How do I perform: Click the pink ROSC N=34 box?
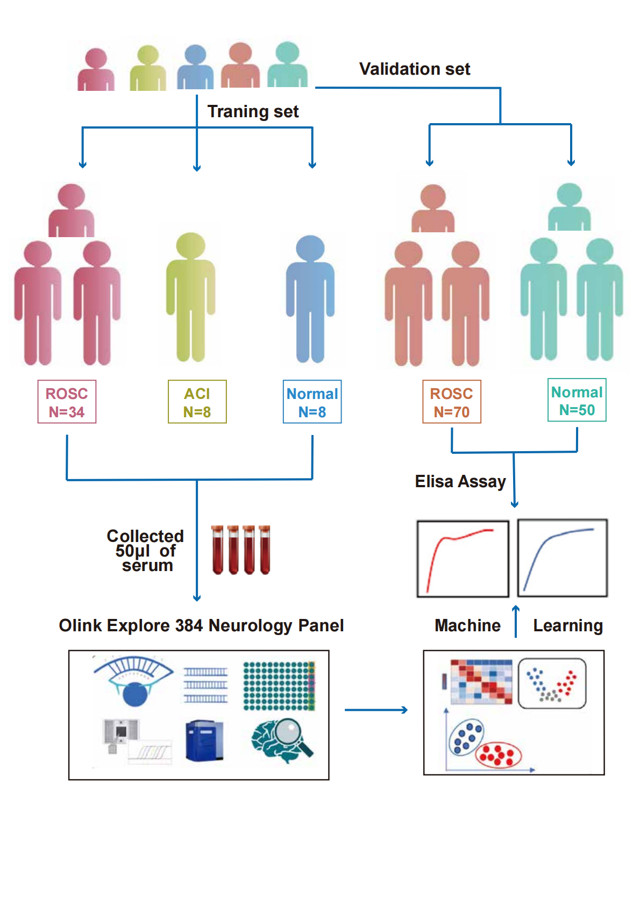67,402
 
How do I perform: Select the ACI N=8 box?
197,402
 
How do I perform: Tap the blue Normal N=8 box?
312,402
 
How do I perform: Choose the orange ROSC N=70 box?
451,402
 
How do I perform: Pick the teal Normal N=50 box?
577,400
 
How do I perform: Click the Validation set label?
414,69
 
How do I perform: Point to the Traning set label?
253,111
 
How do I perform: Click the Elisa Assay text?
460,481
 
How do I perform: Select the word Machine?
467,625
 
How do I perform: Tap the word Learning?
567,625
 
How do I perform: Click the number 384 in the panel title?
189,625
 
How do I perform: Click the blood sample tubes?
240,550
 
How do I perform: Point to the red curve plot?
463,559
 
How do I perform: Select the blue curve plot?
562,558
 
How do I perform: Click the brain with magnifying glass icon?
282,739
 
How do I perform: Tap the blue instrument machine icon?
204,741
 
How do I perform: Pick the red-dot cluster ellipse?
499,754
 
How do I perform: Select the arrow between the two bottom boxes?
376,710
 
